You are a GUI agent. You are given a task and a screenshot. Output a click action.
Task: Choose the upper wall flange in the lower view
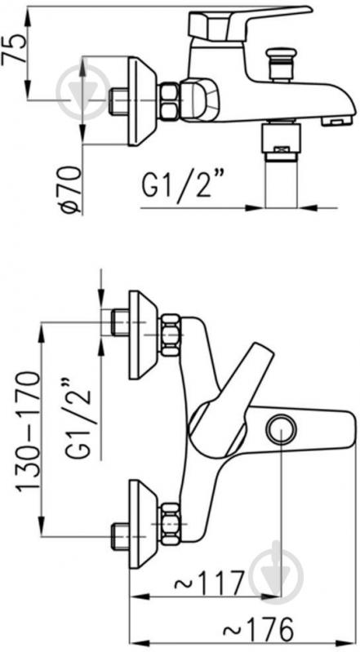(x=141, y=335)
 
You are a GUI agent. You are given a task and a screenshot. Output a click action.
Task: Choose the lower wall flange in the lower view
(x=141, y=523)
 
